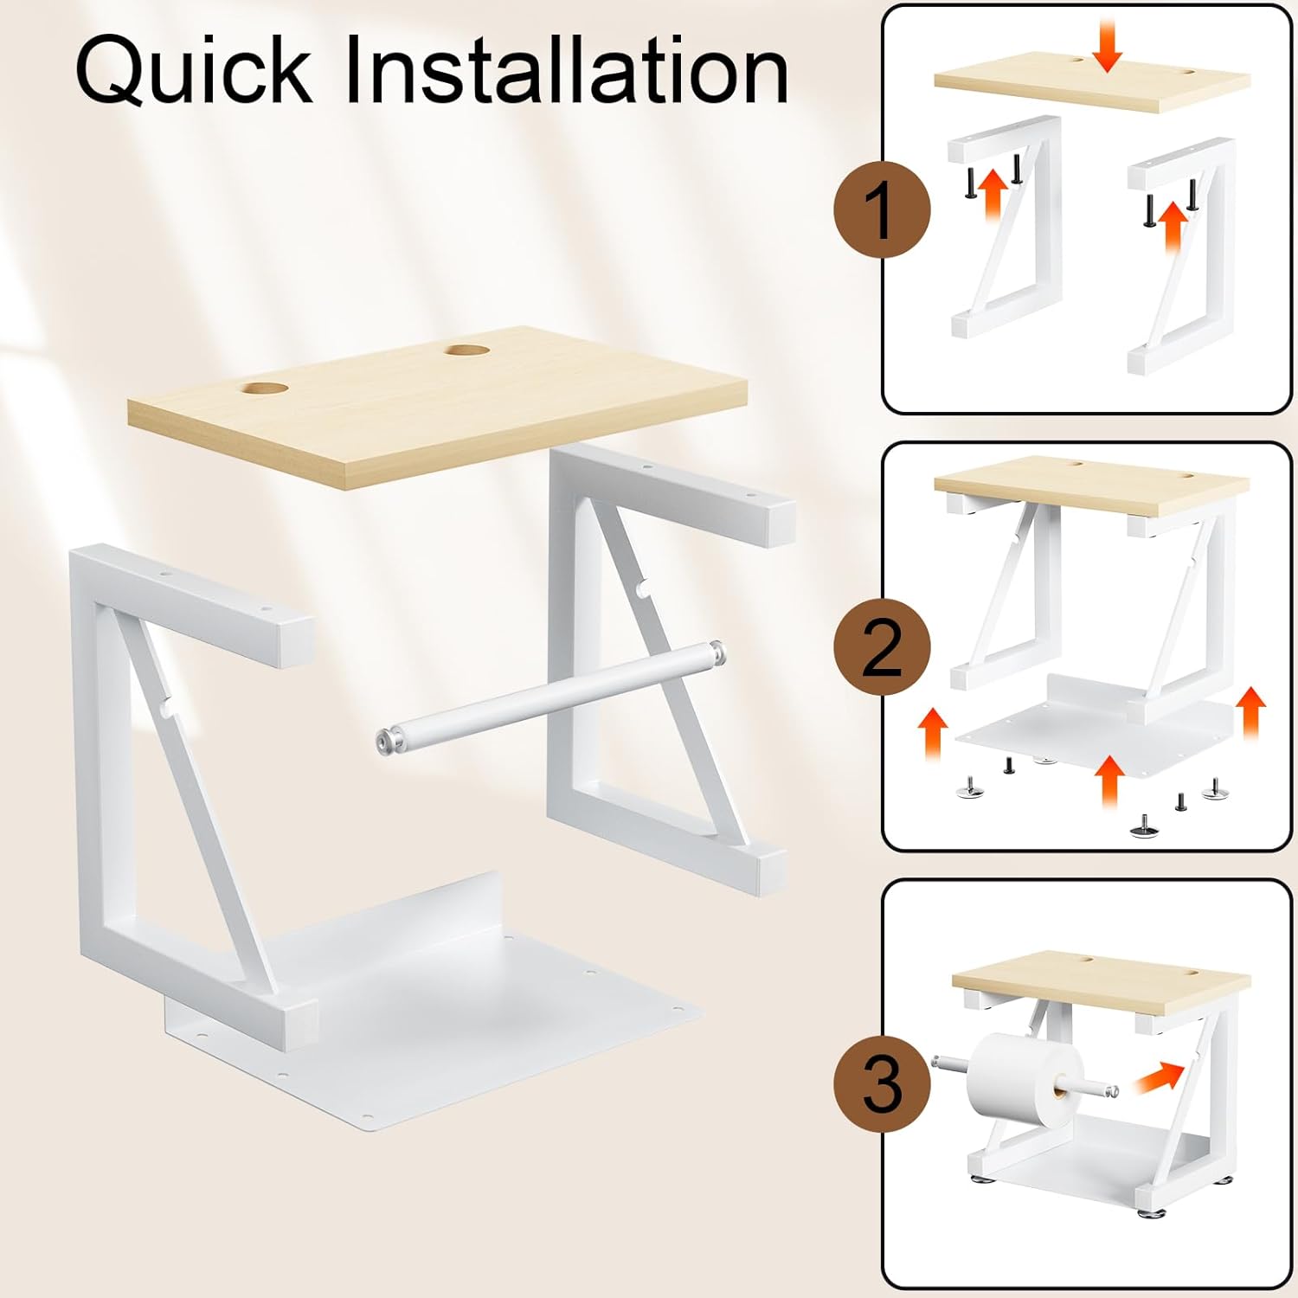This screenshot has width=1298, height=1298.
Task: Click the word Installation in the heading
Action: coord(567,71)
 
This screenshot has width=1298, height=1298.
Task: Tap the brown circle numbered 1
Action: coord(882,210)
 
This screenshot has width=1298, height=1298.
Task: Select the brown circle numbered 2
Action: coord(882,647)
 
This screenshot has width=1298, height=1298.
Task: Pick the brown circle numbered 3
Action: coord(882,1083)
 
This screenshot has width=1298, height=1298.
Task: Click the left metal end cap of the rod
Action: coord(387,742)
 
